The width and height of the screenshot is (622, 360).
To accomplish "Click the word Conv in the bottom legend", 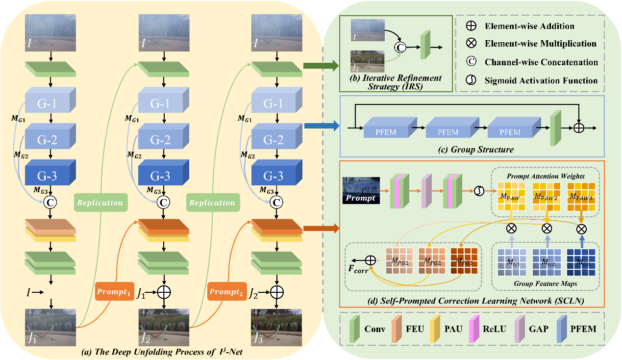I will (x=375, y=328).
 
